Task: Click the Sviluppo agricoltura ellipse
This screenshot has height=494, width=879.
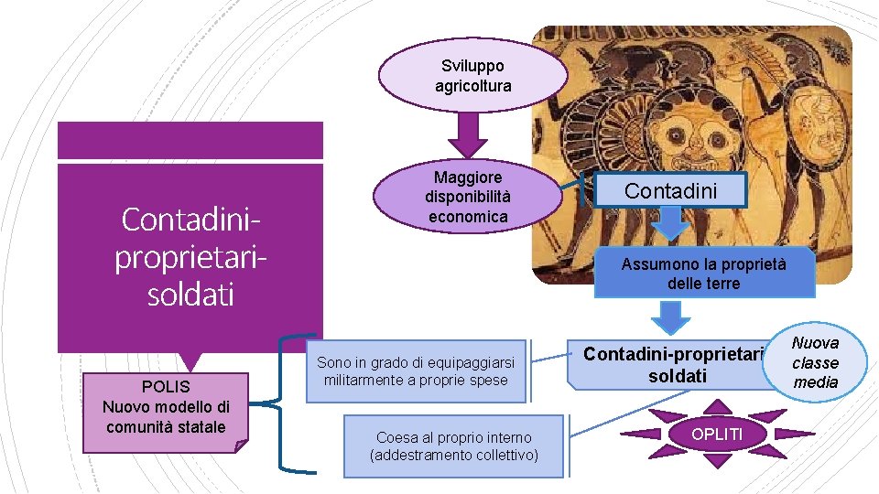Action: pos(472,75)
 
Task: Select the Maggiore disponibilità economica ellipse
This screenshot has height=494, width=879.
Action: pos(468,196)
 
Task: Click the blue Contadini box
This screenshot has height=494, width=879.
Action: pos(670,190)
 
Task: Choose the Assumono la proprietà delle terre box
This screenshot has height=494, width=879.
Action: pos(703,274)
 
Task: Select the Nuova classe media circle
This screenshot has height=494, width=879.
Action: pos(815,362)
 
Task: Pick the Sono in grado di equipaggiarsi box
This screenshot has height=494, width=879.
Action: pos(417,371)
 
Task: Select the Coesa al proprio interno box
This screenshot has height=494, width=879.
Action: pos(453,446)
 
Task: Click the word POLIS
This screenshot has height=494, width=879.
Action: pos(166,387)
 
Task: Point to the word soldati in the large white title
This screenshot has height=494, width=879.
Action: pos(190,294)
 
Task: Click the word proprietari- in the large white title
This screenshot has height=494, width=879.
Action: pos(190,257)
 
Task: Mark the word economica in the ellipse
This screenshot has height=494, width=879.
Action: pos(467,217)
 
